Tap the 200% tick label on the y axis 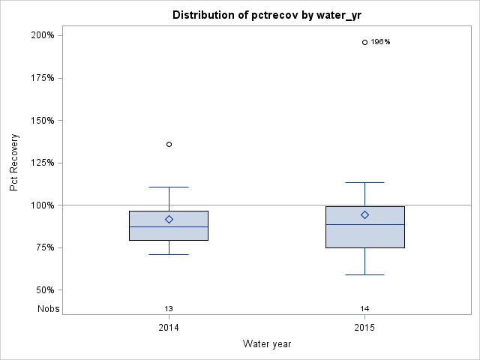click(42, 35)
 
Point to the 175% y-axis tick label click(42, 78)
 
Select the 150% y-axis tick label click(42, 120)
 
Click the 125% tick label click(42, 163)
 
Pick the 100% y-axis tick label click(42, 205)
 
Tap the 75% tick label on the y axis click(44, 247)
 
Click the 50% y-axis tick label click(44, 290)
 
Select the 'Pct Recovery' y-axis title click(15, 163)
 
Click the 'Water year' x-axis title click(267, 343)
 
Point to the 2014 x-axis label click(169, 328)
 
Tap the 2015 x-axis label click(364, 328)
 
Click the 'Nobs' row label click(48, 308)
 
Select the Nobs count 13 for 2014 click(169, 308)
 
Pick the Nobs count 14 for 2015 click(364, 308)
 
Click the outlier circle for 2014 click(169, 144)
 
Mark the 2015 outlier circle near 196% click(364, 42)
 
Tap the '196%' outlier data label click(381, 42)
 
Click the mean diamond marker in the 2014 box click(169, 220)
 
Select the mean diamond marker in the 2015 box click(364, 214)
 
